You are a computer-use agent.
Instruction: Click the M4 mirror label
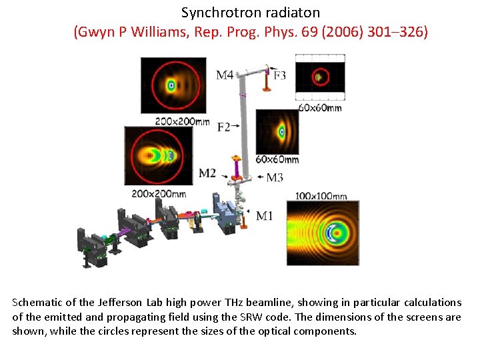click(225, 75)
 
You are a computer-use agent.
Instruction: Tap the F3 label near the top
click(279, 75)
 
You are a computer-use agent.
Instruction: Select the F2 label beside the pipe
click(223, 127)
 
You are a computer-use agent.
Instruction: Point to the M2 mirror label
click(207, 173)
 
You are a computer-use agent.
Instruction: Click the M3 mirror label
click(275, 177)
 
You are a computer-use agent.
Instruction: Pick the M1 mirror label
click(264, 215)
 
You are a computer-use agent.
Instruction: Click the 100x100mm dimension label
click(321, 196)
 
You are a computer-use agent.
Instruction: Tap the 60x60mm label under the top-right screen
click(320, 107)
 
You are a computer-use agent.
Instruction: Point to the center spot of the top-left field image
click(171, 85)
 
